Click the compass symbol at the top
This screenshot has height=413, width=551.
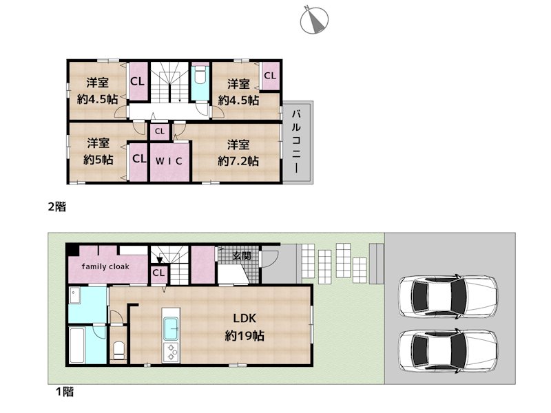click(x=315, y=21)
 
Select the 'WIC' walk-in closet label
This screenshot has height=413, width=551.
click(x=168, y=162)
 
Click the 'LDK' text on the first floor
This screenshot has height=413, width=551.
click(x=245, y=319)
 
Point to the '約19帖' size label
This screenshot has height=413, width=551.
click(x=245, y=337)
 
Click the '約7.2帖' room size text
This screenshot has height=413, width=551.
click(x=238, y=161)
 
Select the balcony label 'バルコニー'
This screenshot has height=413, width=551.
click(x=296, y=141)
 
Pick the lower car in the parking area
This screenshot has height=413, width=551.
click(x=447, y=350)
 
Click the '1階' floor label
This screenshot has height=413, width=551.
click(x=64, y=392)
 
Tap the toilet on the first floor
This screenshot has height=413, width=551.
click(x=118, y=350)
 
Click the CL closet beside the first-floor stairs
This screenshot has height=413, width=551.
click(x=158, y=273)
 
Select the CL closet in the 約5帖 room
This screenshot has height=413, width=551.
click(x=139, y=159)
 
